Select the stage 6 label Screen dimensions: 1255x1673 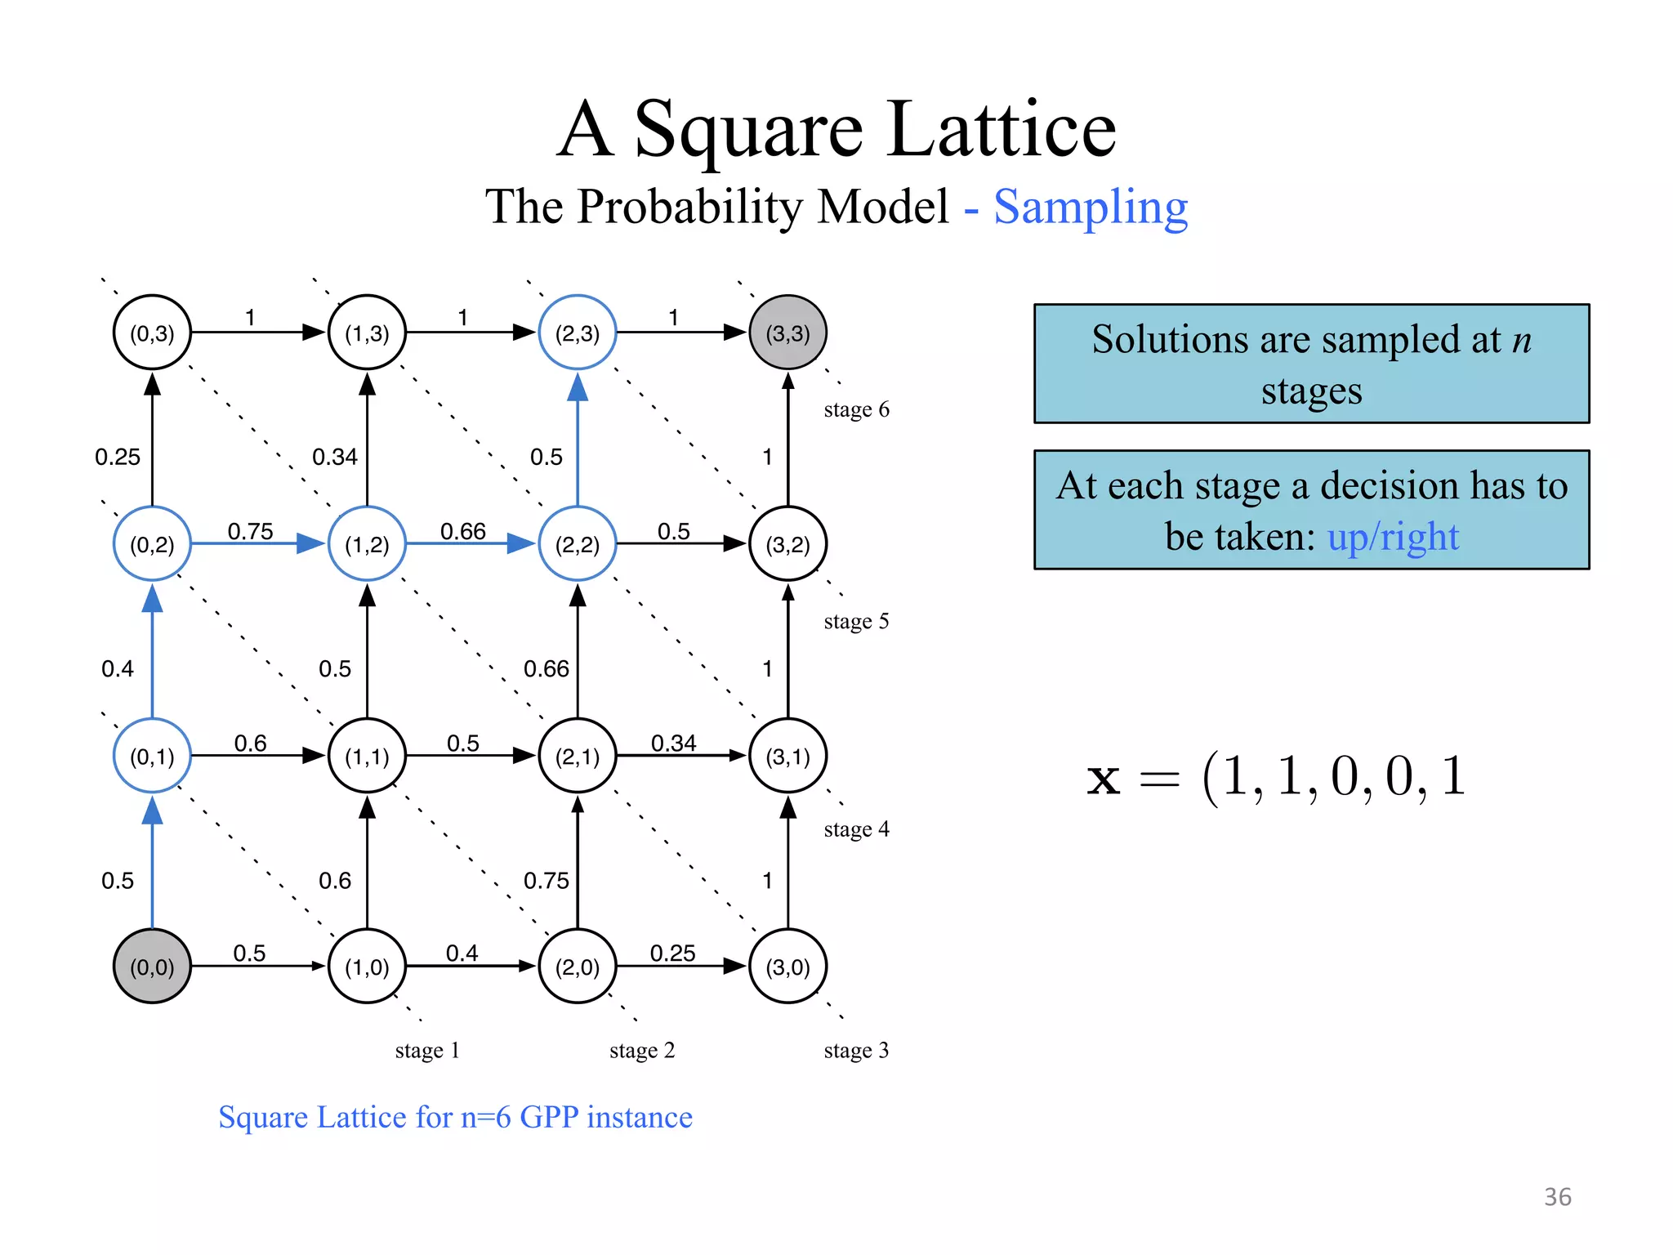(856, 409)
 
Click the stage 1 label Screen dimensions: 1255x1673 (427, 1050)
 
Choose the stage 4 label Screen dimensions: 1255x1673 (856, 829)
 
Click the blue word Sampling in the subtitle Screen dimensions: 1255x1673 (1091, 207)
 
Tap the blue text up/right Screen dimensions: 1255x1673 (1393, 537)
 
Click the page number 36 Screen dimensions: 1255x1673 (1557, 1197)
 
